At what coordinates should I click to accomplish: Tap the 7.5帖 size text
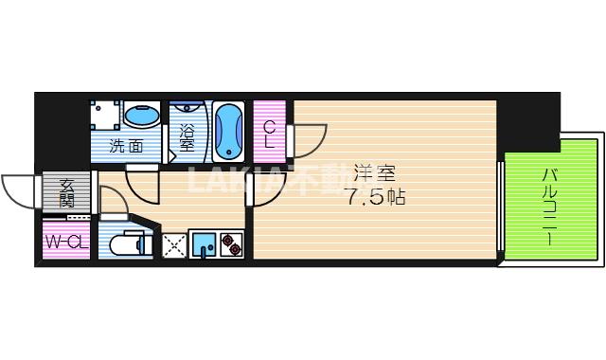(x=376, y=199)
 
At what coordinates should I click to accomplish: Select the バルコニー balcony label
(x=550, y=207)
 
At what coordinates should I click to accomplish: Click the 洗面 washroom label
(x=126, y=146)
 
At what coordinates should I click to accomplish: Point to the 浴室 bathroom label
(x=187, y=139)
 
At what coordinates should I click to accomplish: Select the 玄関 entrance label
(x=67, y=192)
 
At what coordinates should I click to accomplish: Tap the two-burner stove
(x=232, y=245)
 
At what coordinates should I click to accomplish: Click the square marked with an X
(x=174, y=245)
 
